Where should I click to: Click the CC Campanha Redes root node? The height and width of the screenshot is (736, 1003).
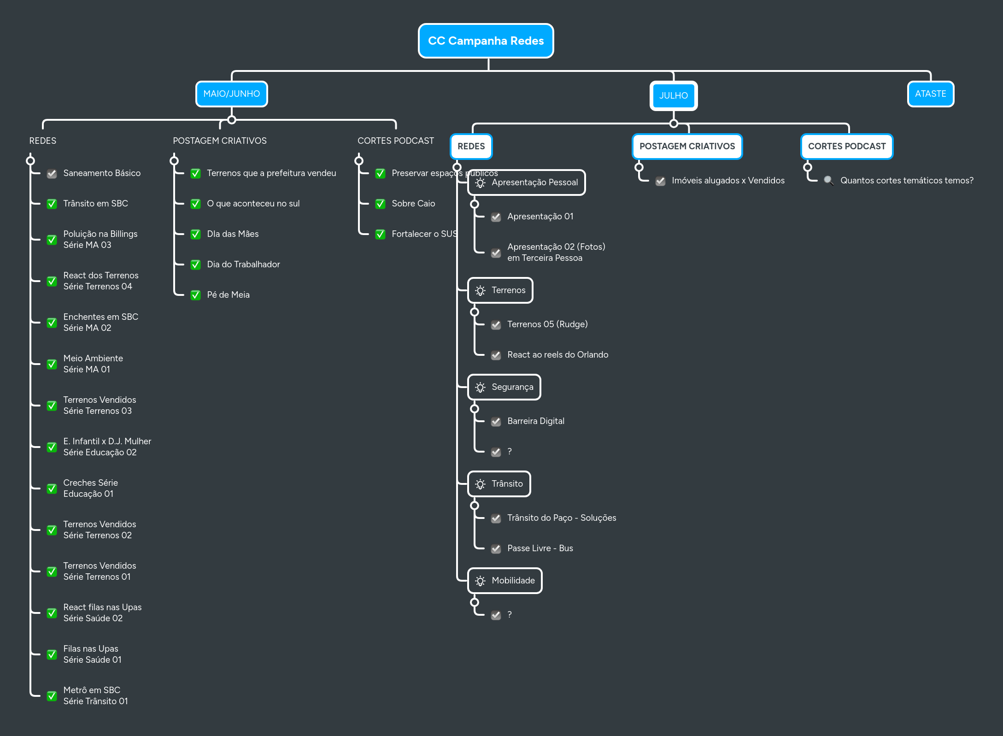pyautogui.click(x=486, y=41)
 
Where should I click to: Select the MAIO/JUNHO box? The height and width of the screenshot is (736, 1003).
pyautogui.click(x=231, y=94)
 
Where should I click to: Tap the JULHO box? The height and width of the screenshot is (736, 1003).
pyautogui.click(x=673, y=96)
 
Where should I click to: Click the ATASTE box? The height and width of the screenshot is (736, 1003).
pyautogui.click(x=930, y=94)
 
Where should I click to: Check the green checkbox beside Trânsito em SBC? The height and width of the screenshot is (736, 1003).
pyautogui.click(x=52, y=204)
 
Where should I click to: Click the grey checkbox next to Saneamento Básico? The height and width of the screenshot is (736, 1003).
pyautogui.click(x=52, y=174)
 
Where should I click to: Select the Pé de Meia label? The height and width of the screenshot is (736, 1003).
pyautogui.click(x=228, y=295)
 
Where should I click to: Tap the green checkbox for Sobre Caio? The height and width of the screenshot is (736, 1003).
pyautogui.click(x=380, y=204)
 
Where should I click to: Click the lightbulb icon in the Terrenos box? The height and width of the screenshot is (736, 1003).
pyautogui.click(x=480, y=291)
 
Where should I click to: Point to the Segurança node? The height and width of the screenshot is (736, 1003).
pyautogui.click(x=504, y=387)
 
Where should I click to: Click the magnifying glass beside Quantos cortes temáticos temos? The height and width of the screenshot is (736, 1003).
pyautogui.click(x=828, y=181)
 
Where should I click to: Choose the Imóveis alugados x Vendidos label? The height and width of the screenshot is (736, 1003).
pyautogui.click(x=727, y=181)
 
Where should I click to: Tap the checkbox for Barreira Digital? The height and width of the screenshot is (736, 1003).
pyautogui.click(x=496, y=422)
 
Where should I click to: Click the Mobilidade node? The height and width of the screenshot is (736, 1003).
pyautogui.click(x=505, y=581)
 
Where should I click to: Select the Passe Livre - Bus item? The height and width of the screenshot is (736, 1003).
pyautogui.click(x=540, y=548)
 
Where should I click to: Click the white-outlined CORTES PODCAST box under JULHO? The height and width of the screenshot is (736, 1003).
pyautogui.click(x=846, y=147)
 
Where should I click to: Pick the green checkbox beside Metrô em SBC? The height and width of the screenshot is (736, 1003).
pyautogui.click(x=52, y=696)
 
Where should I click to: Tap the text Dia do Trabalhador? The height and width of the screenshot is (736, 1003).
pyautogui.click(x=243, y=265)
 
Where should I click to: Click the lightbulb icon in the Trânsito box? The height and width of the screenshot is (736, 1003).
pyautogui.click(x=480, y=484)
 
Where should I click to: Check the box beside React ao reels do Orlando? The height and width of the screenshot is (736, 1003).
pyautogui.click(x=496, y=355)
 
